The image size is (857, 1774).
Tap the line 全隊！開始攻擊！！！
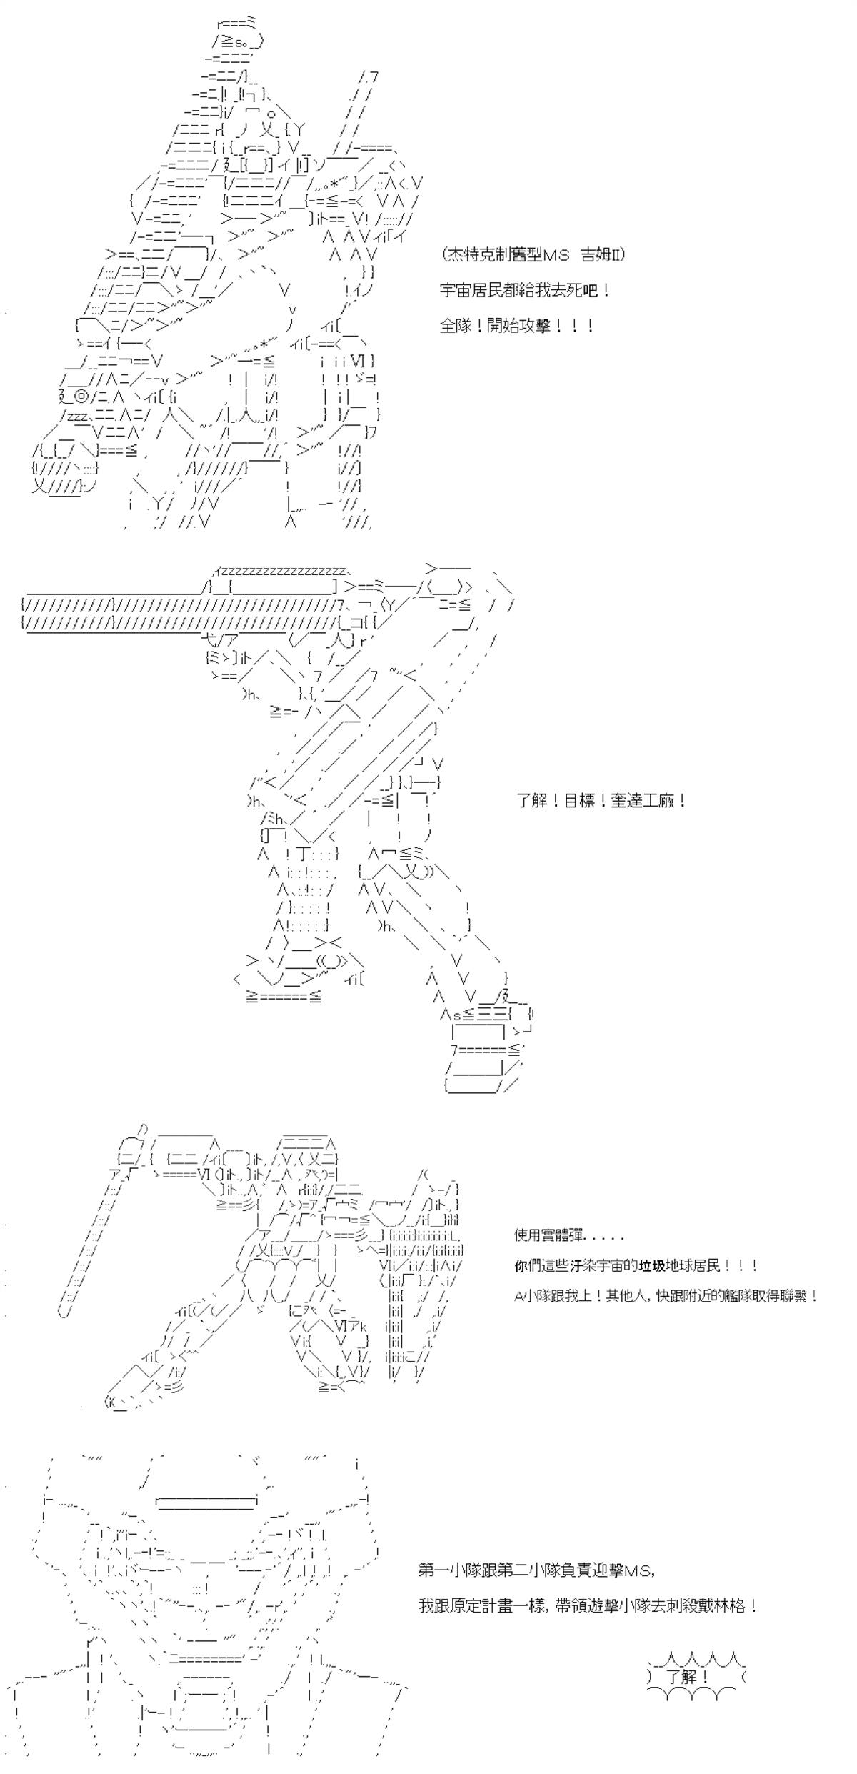517,326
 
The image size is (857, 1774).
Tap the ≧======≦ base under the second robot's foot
284,995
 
